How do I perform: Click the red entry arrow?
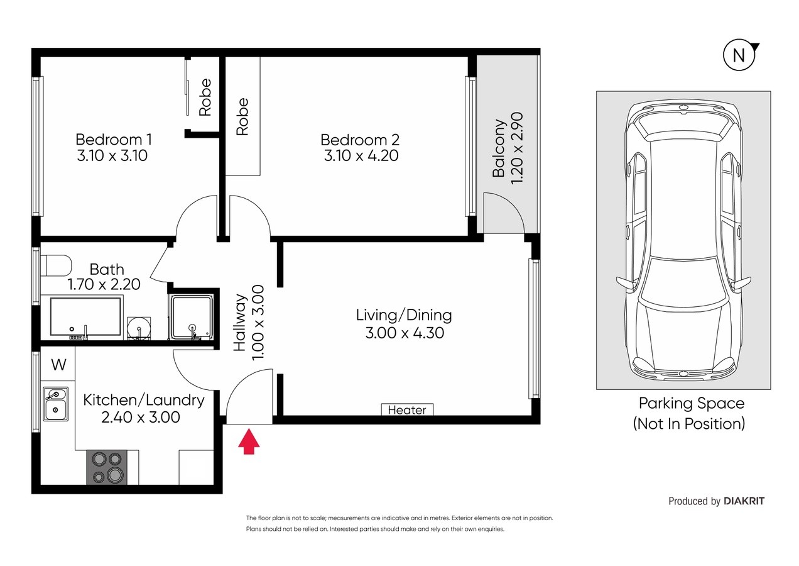click(x=249, y=441)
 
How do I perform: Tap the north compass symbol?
click(x=739, y=55)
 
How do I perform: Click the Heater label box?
click(x=407, y=409)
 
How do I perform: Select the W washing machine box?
click(x=58, y=365)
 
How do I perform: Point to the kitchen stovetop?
click(x=107, y=467)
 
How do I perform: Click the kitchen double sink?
click(x=55, y=404)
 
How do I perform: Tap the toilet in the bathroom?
click(x=56, y=265)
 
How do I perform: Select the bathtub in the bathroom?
click(x=85, y=317)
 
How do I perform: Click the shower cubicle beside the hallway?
click(x=193, y=317)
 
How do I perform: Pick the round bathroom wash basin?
click(x=139, y=328)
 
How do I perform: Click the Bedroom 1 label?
click(x=114, y=139)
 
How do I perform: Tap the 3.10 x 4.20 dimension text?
click(x=361, y=156)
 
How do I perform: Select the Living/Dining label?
click(x=404, y=315)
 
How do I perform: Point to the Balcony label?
click(x=499, y=148)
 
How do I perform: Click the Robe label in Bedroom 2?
click(x=242, y=117)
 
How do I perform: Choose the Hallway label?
click(x=240, y=322)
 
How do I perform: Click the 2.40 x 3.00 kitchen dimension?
click(x=141, y=417)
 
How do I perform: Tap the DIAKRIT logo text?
click(x=744, y=501)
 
